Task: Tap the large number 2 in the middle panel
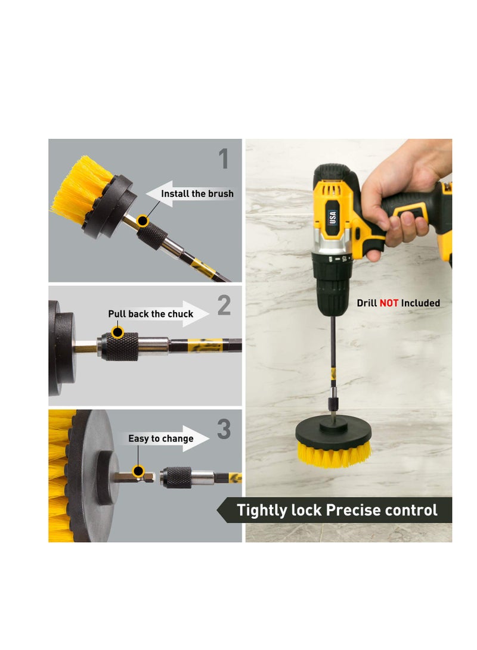(224, 306)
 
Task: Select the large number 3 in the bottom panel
(224, 430)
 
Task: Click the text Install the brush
(197, 194)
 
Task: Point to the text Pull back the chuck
(150, 314)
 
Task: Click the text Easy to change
(160, 438)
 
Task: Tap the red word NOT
(389, 303)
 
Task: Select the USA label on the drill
(332, 218)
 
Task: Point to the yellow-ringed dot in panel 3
(139, 472)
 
